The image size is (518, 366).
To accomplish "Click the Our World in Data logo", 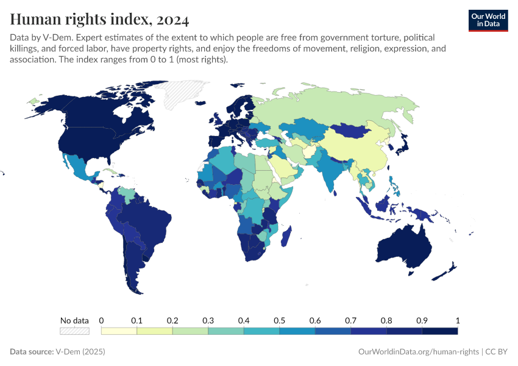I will pyautogui.click(x=488, y=20).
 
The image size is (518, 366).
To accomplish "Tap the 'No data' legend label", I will pyautogui.click(x=74, y=320).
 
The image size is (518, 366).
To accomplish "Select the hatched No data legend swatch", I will pyautogui.click(x=74, y=331).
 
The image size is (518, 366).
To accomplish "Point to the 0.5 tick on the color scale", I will pyautogui.click(x=279, y=320).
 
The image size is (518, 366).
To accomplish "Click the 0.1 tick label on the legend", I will pyautogui.click(x=137, y=320).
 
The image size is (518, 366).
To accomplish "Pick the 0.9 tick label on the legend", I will pyautogui.click(x=422, y=320).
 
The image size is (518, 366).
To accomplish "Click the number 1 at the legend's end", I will pyautogui.click(x=457, y=320).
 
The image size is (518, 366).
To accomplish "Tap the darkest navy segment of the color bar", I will pyautogui.click(x=439, y=331).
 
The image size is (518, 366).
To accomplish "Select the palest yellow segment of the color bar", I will pyautogui.click(x=119, y=331).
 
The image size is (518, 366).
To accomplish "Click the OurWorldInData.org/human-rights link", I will pyautogui.click(x=418, y=352).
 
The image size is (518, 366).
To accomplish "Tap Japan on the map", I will pyautogui.click(x=403, y=144).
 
